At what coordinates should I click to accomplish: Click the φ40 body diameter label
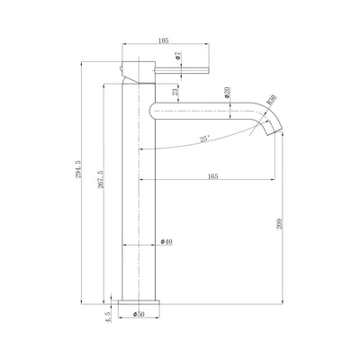(166, 243)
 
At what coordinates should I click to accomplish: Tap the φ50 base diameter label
(139, 315)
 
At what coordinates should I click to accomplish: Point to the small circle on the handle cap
(123, 67)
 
